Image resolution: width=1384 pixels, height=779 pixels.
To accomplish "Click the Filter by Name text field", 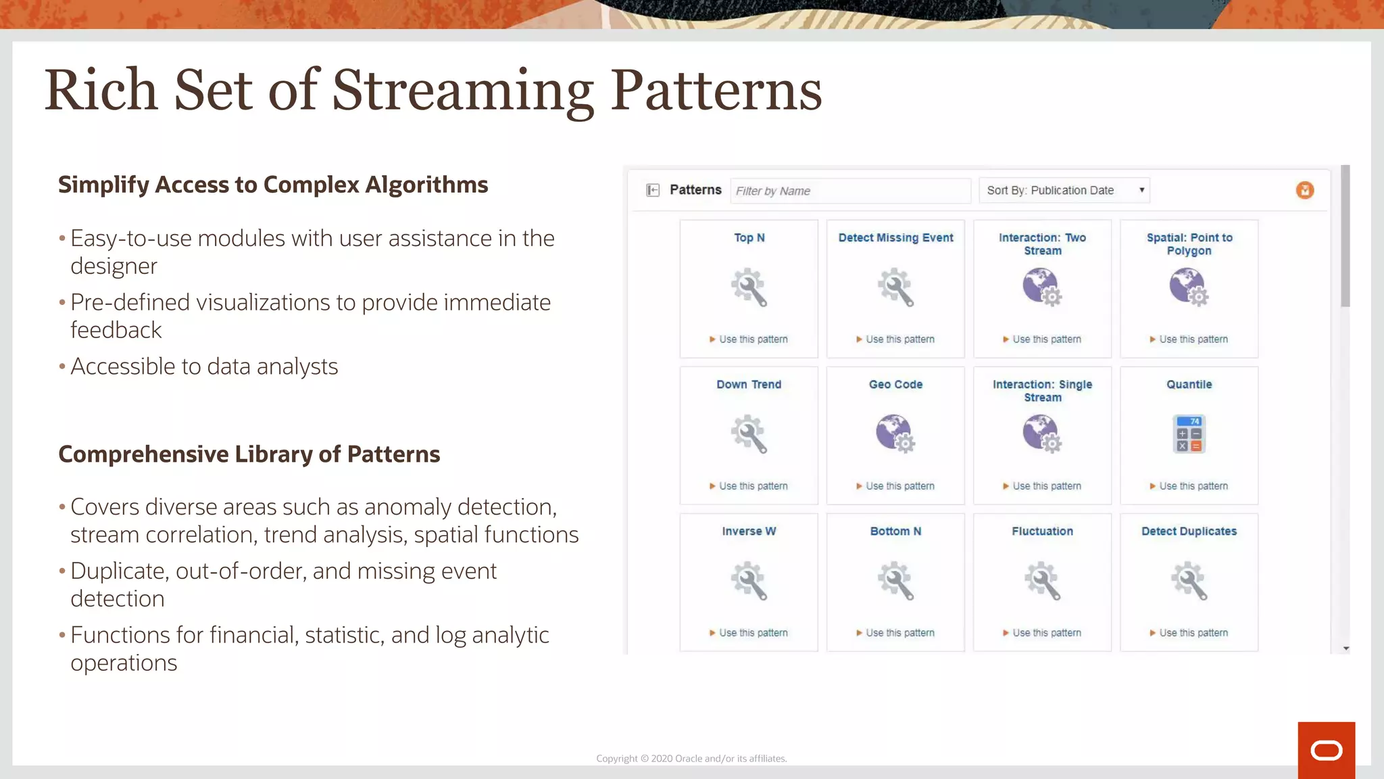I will [850, 191].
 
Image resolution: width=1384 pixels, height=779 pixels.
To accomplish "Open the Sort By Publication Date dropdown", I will [1064, 191].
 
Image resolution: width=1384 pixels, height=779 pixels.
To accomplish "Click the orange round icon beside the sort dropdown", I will [1305, 190].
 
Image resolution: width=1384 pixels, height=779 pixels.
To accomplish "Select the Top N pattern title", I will [749, 238].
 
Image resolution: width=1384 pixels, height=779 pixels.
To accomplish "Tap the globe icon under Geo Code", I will [895, 433].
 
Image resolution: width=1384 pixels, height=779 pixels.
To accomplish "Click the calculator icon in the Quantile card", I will [1189, 434].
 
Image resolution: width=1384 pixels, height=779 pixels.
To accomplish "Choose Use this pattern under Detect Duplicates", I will [1193, 633].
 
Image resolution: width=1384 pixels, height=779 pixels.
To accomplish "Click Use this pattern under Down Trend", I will [753, 486].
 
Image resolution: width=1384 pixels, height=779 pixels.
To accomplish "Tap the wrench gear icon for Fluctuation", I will [1042, 581].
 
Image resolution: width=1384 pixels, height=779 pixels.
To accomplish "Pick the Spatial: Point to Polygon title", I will [1189, 244].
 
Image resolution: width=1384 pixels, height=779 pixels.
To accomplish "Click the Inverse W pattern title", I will [749, 532].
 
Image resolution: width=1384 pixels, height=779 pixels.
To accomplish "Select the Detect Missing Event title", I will [895, 238].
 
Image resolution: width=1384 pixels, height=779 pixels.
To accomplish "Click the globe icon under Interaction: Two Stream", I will [1041, 287].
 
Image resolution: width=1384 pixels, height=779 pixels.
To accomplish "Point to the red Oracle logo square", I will [1326, 750].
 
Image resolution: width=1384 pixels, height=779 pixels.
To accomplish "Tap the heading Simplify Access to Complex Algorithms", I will [273, 185].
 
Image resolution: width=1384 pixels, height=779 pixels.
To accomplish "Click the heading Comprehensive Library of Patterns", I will [249, 454].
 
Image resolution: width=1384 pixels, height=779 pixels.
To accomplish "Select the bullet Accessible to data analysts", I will [204, 367].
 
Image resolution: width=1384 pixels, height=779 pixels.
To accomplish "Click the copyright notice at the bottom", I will [691, 759].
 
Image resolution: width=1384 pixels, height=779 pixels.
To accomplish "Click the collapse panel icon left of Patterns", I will [653, 190].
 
